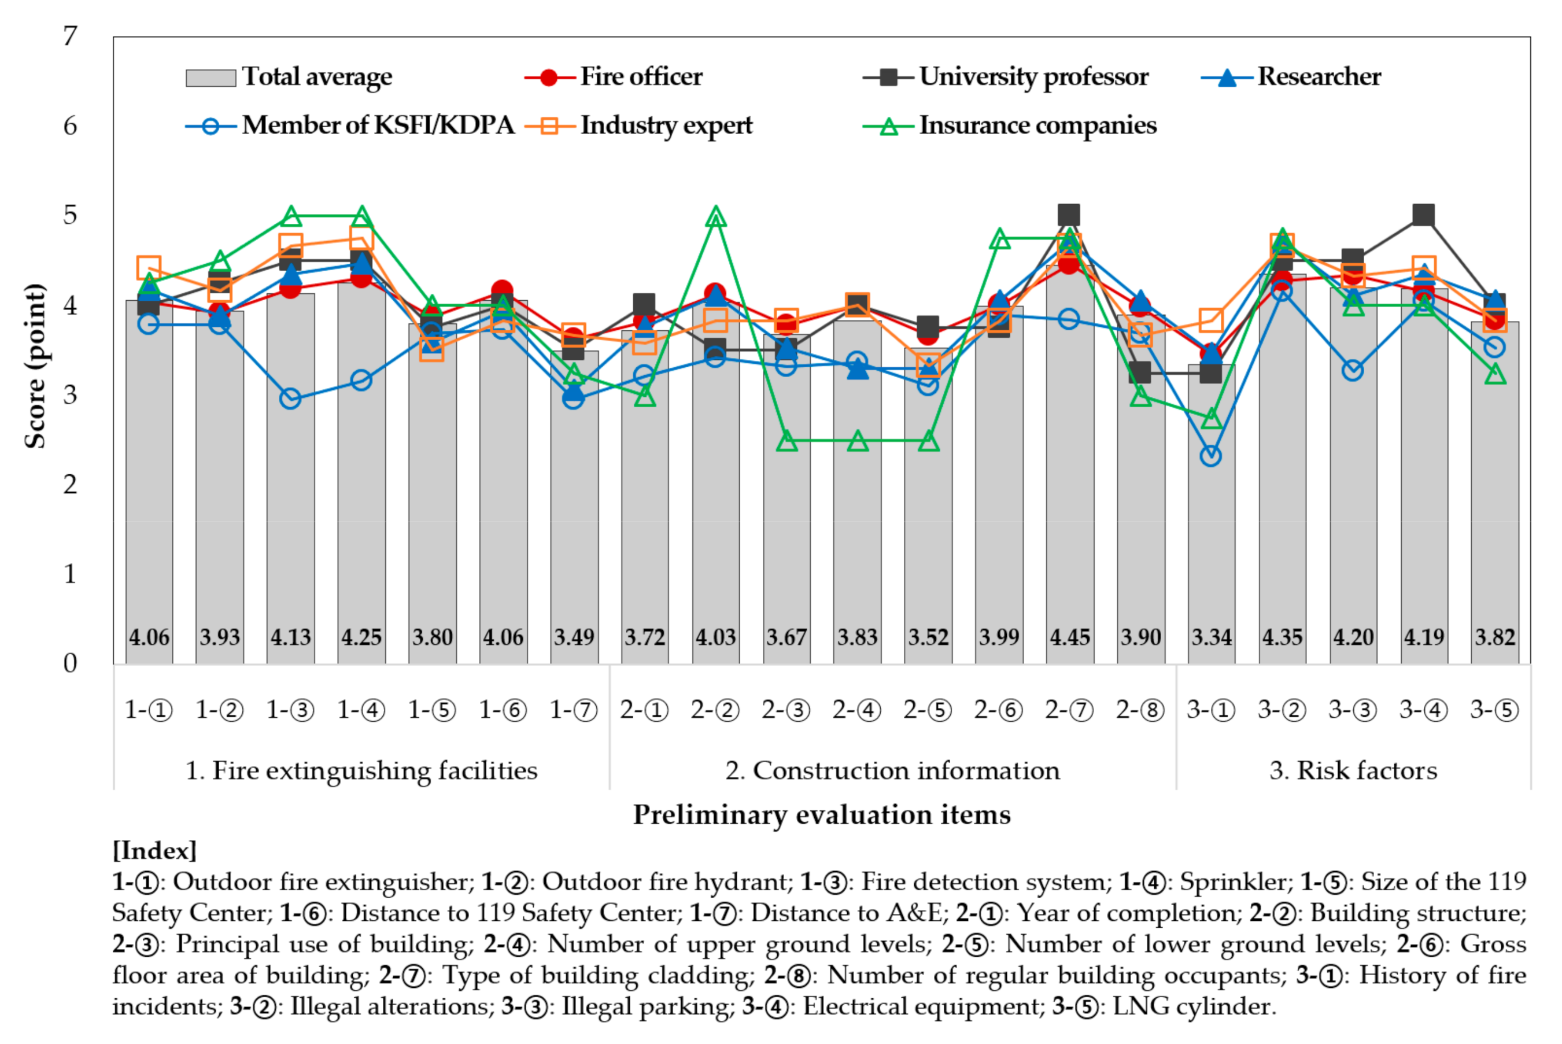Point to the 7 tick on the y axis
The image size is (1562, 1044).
click(x=70, y=36)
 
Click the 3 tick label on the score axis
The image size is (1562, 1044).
click(x=70, y=395)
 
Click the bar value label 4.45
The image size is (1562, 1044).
click(x=1069, y=637)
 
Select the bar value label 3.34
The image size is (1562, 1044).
click(x=1212, y=637)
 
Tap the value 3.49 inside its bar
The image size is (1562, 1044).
click(x=574, y=637)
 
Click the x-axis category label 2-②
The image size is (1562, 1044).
click(x=715, y=710)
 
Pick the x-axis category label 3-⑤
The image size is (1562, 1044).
click(x=1494, y=710)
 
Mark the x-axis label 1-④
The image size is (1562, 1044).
click(x=361, y=710)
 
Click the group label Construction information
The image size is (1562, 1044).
click(x=892, y=770)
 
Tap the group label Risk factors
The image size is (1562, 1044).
click(x=1353, y=770)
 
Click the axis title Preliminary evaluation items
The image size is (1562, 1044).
click(x=821, y=815)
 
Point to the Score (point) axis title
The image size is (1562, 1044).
click(x=35, y=366)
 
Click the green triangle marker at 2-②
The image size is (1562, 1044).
click(x=715, y=217)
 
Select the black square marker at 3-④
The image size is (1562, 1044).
click(x=1423, y=215)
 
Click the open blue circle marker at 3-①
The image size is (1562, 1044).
click(x=1210, y=456)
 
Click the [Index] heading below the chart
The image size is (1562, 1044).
click(x=154, y=851)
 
